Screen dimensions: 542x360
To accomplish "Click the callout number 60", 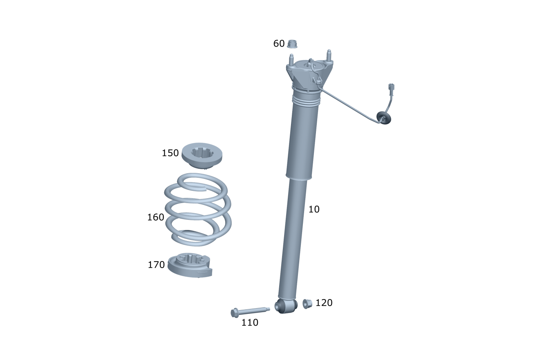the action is tap(279, 44).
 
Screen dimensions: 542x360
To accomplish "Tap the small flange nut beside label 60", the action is tap(292, 44).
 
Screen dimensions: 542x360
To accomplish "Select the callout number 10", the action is tap(314, 209).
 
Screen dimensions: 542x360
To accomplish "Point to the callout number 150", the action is tap(170, 153).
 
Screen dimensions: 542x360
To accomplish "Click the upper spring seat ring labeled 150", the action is tap(202, 161).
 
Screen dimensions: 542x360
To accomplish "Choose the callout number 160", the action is tap(156, 217).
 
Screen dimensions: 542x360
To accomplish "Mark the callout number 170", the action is tap(156, 265).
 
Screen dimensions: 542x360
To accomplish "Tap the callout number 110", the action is tap(250, 322).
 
